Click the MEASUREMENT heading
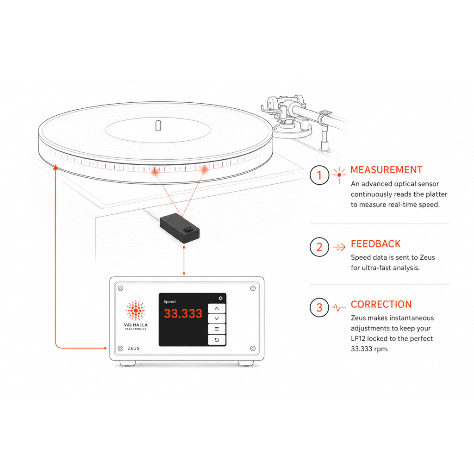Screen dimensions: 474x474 tap(386, 170)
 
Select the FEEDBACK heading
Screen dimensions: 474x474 tap(375, 244)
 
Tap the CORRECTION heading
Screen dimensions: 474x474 tap(381, 305)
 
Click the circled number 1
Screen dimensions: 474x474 tap(319, 175)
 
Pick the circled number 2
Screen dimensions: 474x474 tap(319, 247)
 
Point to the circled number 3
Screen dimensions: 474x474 tap(319, 307)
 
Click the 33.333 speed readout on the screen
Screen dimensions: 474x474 tap(183, 313)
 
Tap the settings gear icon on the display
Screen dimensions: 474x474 tap(221, 298)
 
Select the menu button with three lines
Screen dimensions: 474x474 tap(217, 329)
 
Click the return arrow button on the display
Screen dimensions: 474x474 tap(217, 340)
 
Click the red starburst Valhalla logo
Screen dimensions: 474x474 tap(136, 310)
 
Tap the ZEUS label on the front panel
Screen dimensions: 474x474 tap(133, 348)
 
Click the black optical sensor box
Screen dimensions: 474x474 tap(180, 228)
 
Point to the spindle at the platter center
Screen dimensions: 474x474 tap(158, 126)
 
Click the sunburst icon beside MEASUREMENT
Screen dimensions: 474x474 tap(339, 175)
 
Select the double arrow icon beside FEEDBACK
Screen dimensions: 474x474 tap(339, 247)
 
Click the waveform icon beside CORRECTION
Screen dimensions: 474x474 tap(339, 308)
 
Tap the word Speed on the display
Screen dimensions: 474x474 tap(169, 302)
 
